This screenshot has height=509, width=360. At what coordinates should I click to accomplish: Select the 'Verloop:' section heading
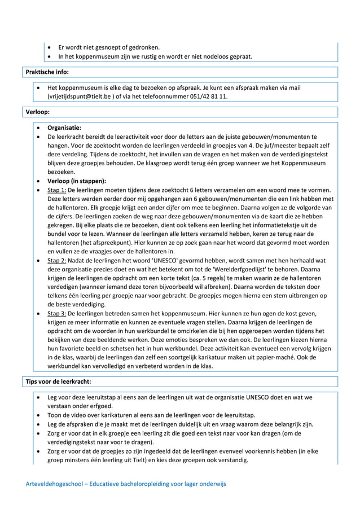tap(38, 112)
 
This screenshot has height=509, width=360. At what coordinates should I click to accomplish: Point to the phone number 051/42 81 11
tap(208, 96)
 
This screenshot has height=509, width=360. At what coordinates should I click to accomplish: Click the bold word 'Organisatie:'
tap(64, 128)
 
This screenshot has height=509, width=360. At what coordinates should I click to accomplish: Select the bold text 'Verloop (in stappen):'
tap(76, 181)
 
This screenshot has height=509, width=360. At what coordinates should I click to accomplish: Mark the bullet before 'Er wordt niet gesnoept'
tap(51, 47)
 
